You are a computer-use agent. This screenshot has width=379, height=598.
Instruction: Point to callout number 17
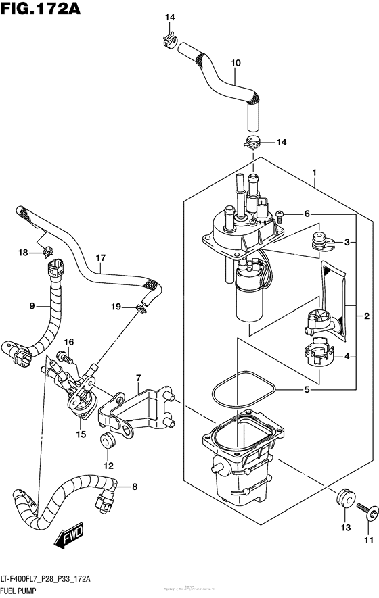101,257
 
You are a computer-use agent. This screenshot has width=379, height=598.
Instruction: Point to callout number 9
32,305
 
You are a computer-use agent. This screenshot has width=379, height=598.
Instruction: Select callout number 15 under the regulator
81,434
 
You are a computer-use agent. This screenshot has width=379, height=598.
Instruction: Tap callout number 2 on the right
367,316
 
